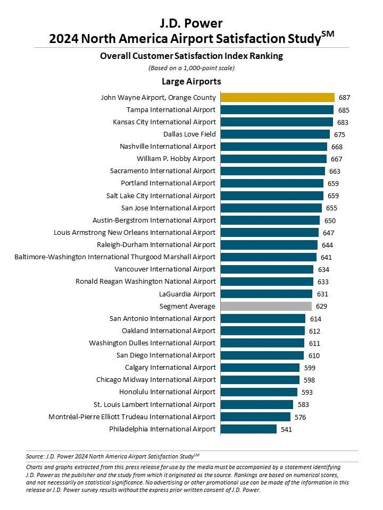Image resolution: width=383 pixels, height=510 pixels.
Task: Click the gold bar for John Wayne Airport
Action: pyautogui.click(x=278, y=97)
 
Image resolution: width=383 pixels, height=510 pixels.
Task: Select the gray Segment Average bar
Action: pyautogui.click(x=266, y=306)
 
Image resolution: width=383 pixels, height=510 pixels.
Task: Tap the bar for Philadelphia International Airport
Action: pyautogui.click(x=248, y=429)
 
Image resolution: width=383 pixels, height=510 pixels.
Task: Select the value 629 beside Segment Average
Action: pyautogui.click(x=321, y=307)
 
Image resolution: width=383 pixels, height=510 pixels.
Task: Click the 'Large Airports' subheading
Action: pyautogui.click(x=191, y=81)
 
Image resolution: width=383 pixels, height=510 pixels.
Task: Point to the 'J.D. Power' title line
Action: pyautogui.click(x=191, y=23)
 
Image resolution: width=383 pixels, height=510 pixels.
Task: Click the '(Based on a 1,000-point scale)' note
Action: pyautogui.click(x=191, y=67)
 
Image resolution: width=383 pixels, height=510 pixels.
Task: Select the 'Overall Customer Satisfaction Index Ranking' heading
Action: pyautogui.click(x=191, y=56)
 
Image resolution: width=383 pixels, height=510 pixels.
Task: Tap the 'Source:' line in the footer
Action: pyautogui.click(x=112, y=455)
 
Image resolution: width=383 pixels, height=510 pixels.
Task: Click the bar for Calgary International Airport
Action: pyautogui.click(x=260, y=368)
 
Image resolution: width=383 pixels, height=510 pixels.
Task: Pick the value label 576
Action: pyautogui.click(x=300, y=417)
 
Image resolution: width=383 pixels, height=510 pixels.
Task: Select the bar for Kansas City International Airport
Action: pyautogui.click(x=277, y=122)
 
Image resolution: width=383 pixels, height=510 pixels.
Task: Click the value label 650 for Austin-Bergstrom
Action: pyautogui.click(x=330, y=220)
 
